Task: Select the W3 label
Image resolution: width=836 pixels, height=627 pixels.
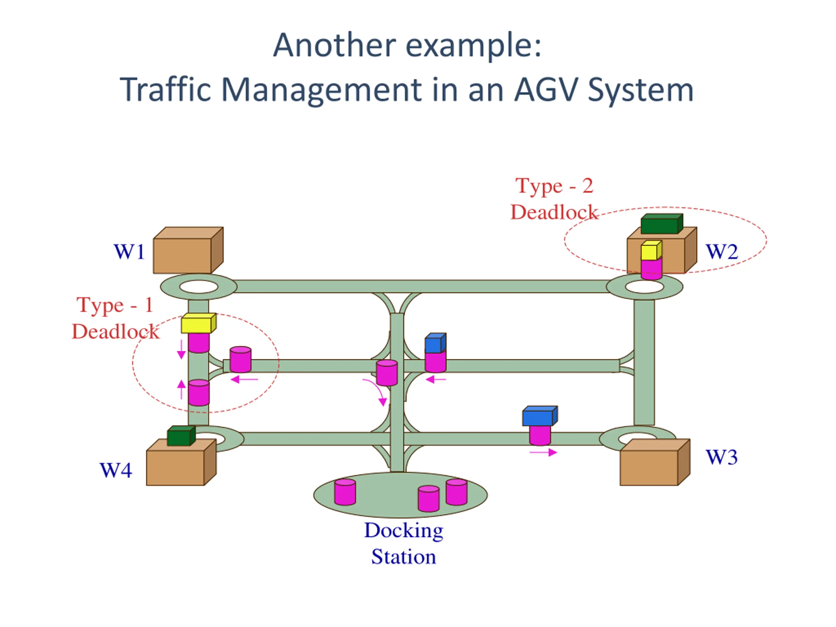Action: click(721, 457)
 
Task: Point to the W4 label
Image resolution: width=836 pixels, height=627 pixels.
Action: click(116, 470)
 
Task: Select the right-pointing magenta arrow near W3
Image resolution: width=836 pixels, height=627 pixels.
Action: click(543, 452)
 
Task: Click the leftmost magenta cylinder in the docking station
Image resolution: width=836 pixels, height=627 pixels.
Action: click(345, 492)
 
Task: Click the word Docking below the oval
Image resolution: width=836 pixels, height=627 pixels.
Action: click(403, 530)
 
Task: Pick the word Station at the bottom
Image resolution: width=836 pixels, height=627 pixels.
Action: click(403, 557)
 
